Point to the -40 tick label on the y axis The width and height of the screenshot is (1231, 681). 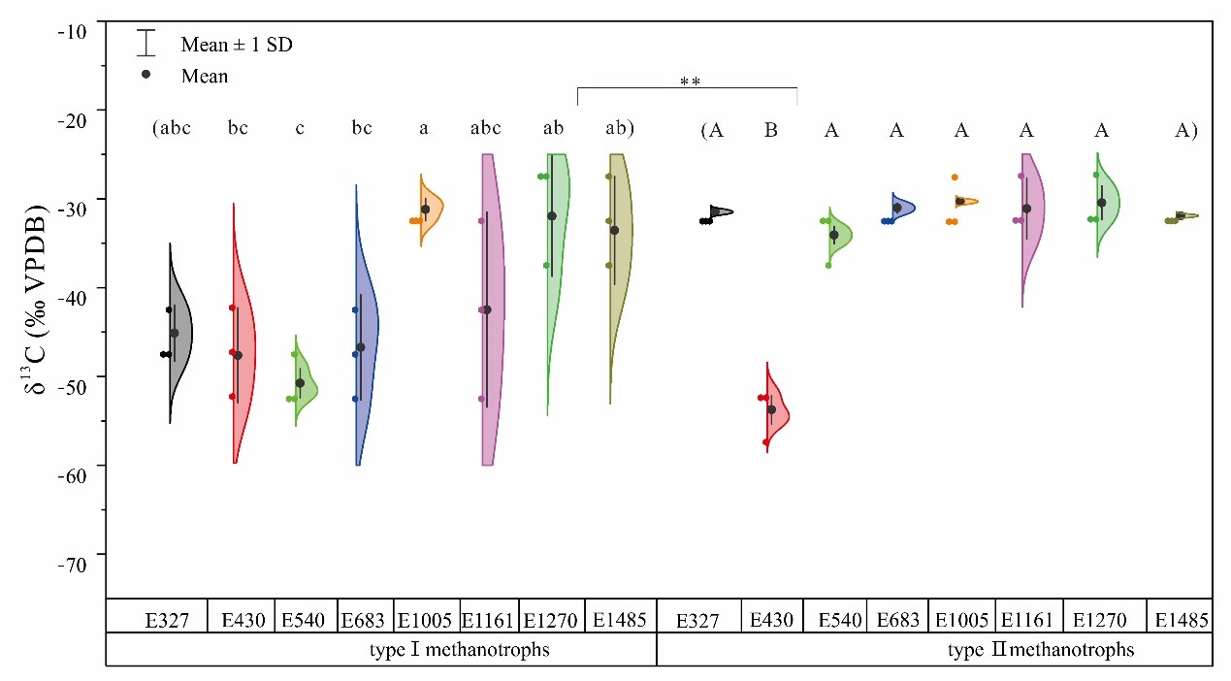pyautogui.click(x=73, y=289)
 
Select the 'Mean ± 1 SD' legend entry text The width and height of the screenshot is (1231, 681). pyautogui.click(x=237, y=45)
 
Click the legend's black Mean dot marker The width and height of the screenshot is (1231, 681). pyautogui.click(x=146, y=74)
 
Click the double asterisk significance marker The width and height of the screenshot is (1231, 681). pyautogui.click(x=690, y=82)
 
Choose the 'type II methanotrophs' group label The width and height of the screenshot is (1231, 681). pyautogui.click(x=1040, y=649)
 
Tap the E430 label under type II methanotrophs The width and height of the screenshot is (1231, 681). pyautogui.click(x=771, y=618)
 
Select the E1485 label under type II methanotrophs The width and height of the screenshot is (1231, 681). pyautogui.click(x=1179, y=618)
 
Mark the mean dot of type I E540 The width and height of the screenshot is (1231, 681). pyautogui.click(x=300, y=383)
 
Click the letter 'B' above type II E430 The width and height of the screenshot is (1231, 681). pyautogui.click(x=771, y=130)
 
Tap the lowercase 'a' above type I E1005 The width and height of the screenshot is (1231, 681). pyautogui.click(x=423, y=130)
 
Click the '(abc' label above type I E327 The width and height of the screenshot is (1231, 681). pyautogui.click(x=172, y=130)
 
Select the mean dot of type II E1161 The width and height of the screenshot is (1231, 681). pyautogui.click(x=1026, y=209)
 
